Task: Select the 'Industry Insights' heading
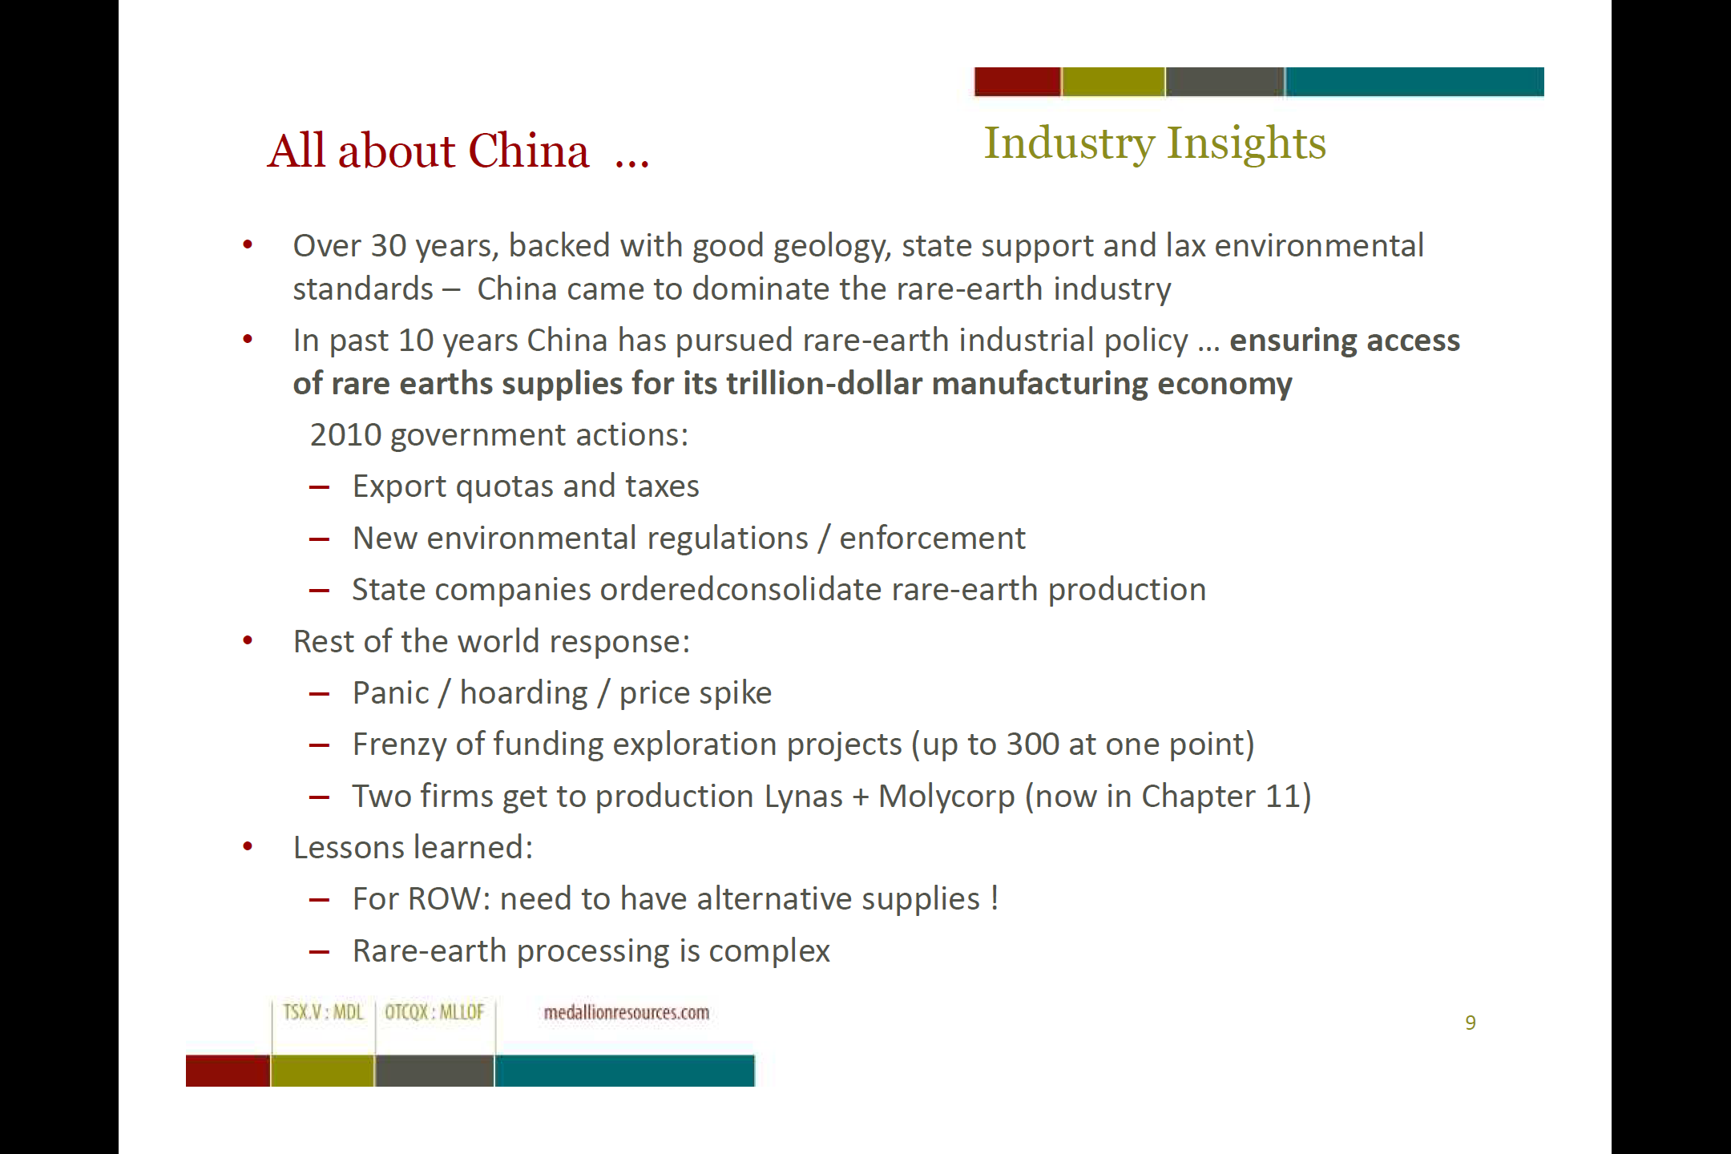click(x=1155, y=143)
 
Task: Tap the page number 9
click(x=1471, y=1023)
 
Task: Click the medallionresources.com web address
click(x=627, y=1013)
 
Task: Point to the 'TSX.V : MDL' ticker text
click(x=323, y=1012)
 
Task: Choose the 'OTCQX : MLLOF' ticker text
click(x=434, y=1012)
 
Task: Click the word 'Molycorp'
click(x=946, y=797)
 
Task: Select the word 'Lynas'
click(x=804, y=797)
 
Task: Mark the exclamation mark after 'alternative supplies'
click(x=995, y=898)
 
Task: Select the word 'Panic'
click(x=390, y=693)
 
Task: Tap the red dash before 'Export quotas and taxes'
click(x=319, y=487)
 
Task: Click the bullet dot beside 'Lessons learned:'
click(x=248, y=846)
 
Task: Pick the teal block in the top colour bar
click(x=1414, y=82)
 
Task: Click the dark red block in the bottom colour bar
click(x=228, y=1071)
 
